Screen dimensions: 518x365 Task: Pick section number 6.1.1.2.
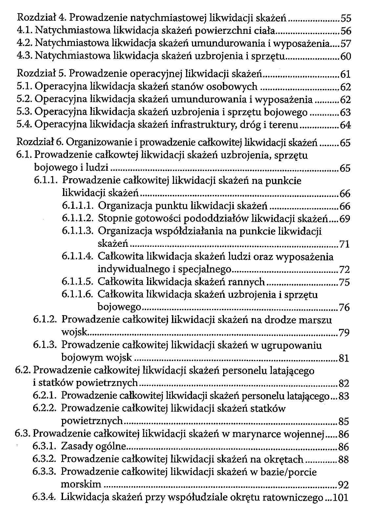[78, 219]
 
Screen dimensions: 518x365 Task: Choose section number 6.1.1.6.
[78, 294]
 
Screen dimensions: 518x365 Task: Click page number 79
[344, 333]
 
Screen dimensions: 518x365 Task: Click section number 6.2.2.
[45, 409]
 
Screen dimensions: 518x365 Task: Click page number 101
[341, 498]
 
